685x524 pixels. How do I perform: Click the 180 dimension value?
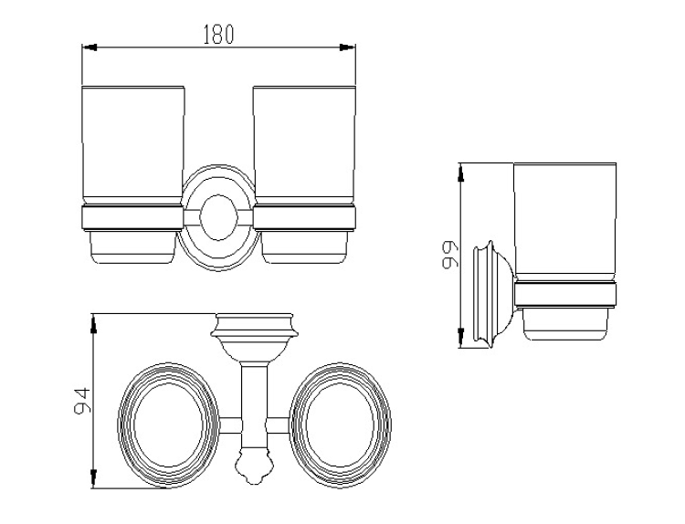click(218, 35)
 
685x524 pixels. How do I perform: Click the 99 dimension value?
click(449, 255)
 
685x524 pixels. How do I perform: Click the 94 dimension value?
click(81, 401)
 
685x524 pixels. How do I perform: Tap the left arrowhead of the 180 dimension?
click(90, 47)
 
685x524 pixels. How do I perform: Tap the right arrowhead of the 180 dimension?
click(348, 47)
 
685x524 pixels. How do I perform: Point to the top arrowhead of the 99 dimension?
click(460, 173)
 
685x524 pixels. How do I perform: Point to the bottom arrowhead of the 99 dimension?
click(460, 338)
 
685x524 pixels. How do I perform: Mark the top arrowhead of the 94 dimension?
click(93, 324)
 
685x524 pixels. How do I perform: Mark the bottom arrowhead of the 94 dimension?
click(93, 478)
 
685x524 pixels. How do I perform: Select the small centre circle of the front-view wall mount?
click(219, 217)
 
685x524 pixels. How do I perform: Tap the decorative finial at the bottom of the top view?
click(254, 468)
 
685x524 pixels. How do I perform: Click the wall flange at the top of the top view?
click(254, 325)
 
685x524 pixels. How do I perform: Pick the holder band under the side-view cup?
click(565, 295)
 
